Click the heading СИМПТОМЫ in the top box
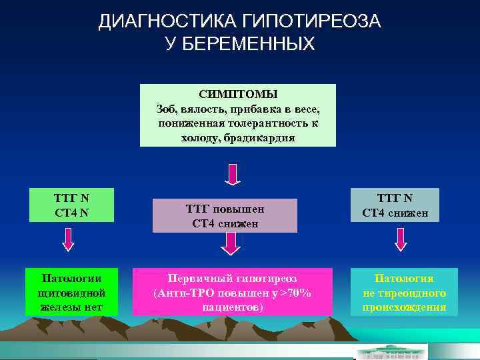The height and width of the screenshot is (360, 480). (x=238, y=94)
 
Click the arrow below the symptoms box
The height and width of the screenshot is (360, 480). (x=231, y=175)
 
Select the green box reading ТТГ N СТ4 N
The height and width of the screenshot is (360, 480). (x=71, y=205)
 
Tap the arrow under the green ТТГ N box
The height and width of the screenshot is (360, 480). (x=69, y=238)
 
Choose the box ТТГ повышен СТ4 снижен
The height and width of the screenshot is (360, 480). (x=225, y=216)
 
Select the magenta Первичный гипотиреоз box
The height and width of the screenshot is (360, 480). (x=232, y=292)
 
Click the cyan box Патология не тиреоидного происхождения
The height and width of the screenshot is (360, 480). (x=404, y=292)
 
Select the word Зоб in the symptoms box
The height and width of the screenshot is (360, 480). (x=165, y=109)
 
